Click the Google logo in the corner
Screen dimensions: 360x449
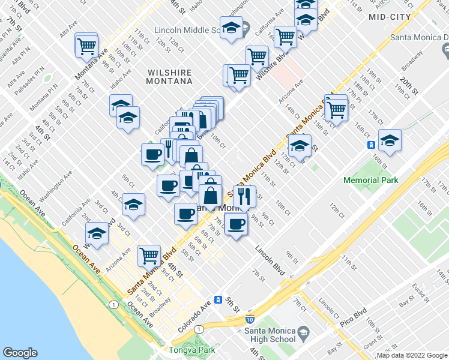[20, 353]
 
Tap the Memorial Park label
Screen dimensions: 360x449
[370, 180]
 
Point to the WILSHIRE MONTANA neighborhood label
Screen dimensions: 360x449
[170, 76]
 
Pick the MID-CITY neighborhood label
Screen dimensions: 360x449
[390, 17]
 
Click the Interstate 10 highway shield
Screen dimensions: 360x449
[250, 322]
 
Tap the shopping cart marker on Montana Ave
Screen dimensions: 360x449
[86, 44]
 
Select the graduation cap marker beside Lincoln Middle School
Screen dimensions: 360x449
[231, 27]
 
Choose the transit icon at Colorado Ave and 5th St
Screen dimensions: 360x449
[219, 300]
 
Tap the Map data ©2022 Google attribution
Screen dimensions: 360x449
[412, 355]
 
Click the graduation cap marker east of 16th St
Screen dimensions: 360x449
[390, 140]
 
